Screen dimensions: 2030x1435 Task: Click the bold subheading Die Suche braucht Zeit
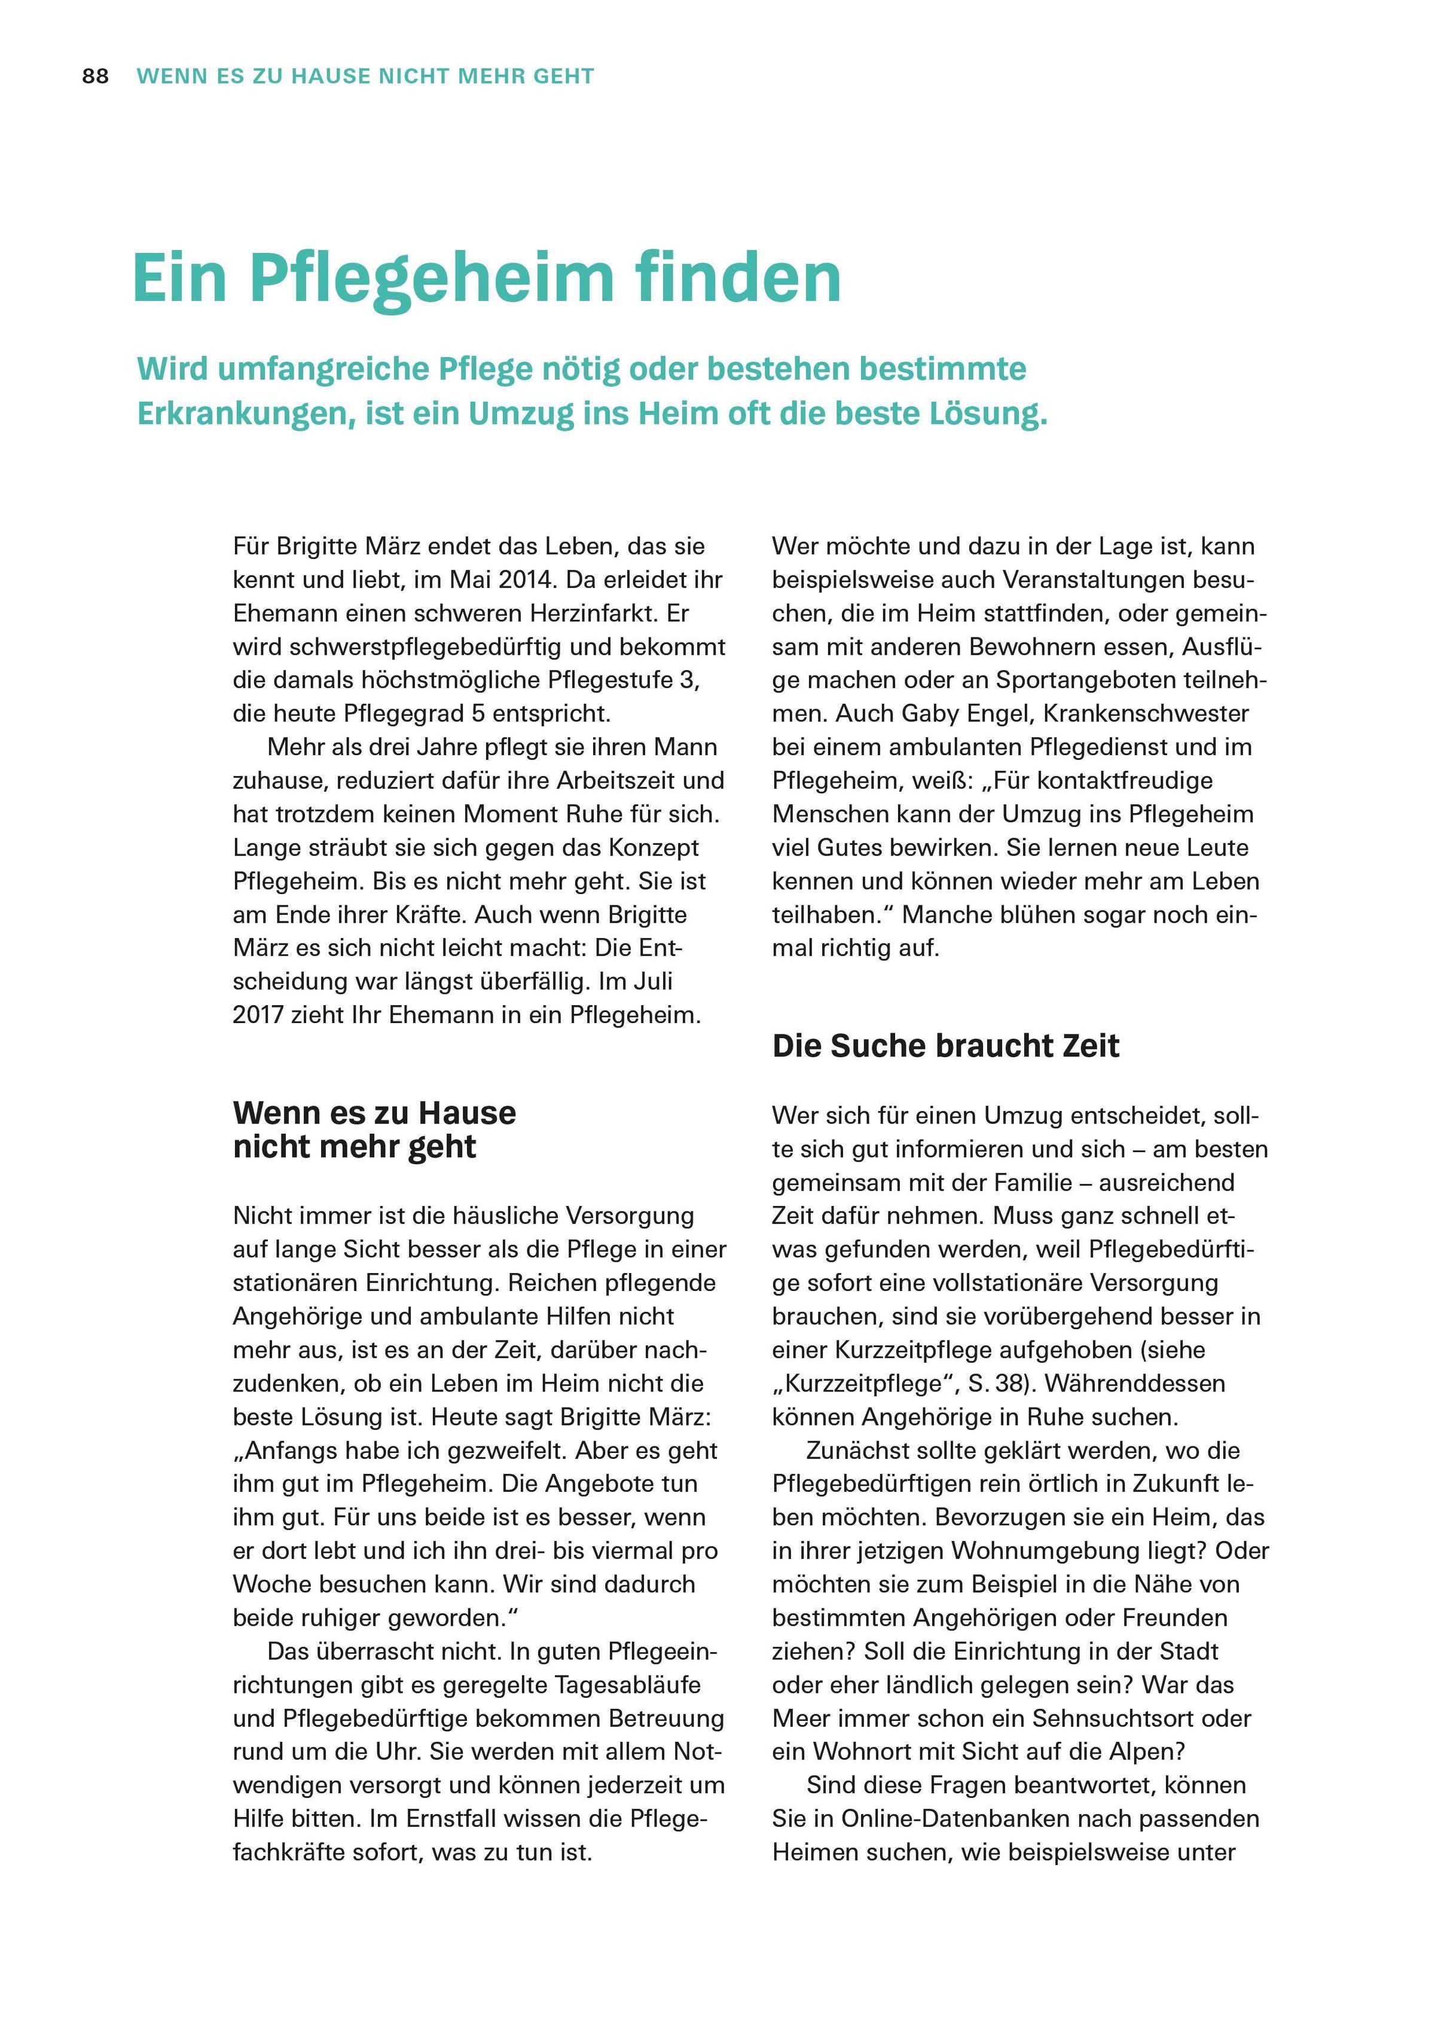pos(945,1046)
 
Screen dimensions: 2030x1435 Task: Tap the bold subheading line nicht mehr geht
pos(355,1147)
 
